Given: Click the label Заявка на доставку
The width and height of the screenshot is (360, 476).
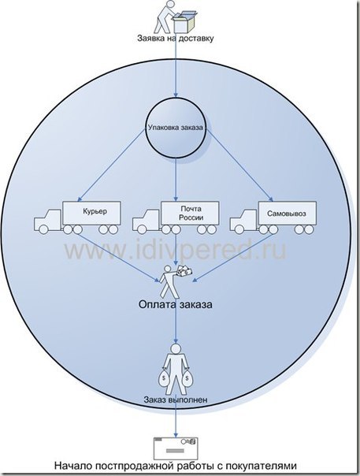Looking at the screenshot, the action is pyautogui.click(x=176, y=39).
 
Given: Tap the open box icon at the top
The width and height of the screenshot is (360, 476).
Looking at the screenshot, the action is pyautogui.click(x=184, y=20).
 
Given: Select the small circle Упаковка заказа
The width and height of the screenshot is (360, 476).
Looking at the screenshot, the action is pyautogui.click(x=176, y=128).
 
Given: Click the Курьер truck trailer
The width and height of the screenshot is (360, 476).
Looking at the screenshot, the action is pyautogui.click(x=91, y=212).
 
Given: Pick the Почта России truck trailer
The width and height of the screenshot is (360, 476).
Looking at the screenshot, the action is pyautogui.click(x=190, y=212).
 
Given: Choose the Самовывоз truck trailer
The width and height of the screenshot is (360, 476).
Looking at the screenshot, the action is pyautogui.click(x=288, y=212).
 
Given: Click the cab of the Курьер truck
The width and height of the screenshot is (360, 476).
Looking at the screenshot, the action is pyautogui.click(x=48, y=221).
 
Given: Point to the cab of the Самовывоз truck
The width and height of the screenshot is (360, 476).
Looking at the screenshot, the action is pyautogui.click(x=243, y=221).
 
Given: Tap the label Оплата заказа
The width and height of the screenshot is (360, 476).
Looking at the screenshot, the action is pyautogui.click(x=176, y=304).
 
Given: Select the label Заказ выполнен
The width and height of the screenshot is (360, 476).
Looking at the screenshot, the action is pyautogui.click(x=176, y=400).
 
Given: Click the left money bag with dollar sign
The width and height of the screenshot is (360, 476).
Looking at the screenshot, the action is pyautogui.click(x=164, y=379).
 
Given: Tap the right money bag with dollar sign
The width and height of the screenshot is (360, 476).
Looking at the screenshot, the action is pyautogui.click(x=187, y=379).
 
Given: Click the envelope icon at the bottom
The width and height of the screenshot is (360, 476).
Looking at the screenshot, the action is pyautogui.click(x=176, y=448).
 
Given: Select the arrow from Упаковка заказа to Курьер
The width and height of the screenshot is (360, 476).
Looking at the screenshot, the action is pyautogui.click(x=111, y=165).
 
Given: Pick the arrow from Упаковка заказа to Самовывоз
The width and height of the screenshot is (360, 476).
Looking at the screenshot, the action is pyautogui.click(x=239, y=165).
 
